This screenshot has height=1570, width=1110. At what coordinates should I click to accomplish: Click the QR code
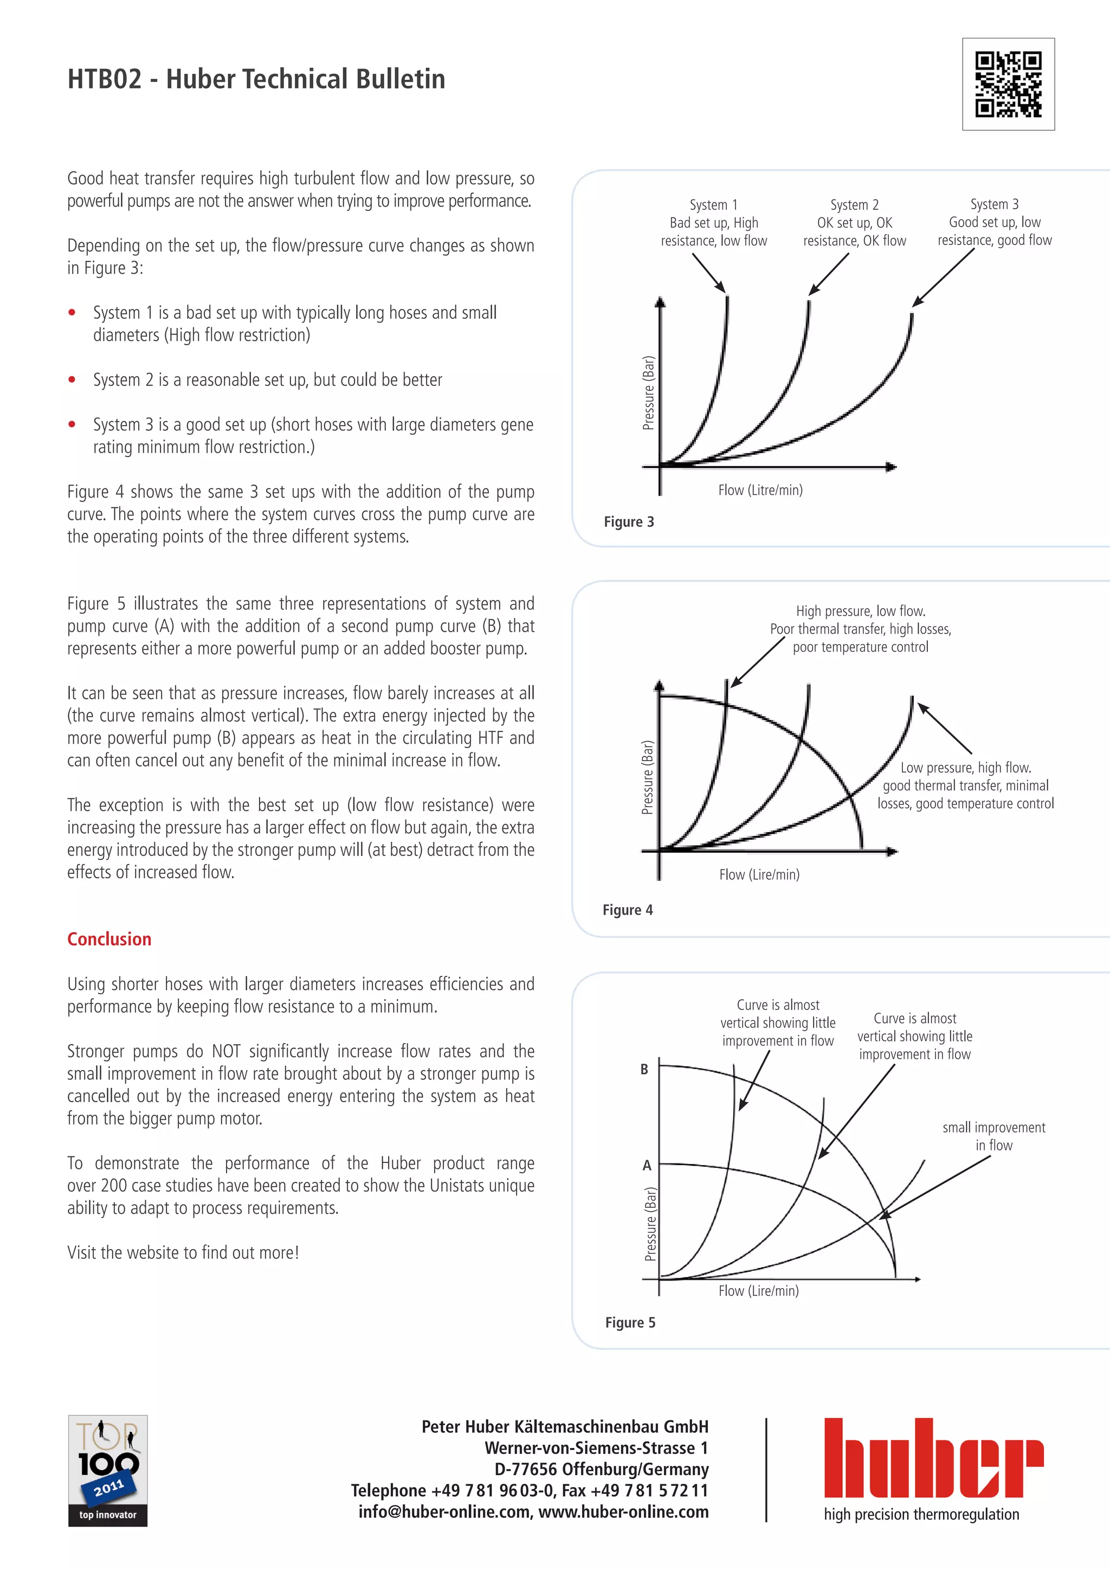1008,84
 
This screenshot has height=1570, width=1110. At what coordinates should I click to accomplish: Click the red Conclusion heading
109,939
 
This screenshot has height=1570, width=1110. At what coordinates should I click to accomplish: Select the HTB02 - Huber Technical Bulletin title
256,79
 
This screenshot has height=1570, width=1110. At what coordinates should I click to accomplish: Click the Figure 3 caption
629,522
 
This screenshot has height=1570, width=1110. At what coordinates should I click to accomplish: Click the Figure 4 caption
628,910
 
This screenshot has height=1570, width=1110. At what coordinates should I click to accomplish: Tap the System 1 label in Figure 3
714,204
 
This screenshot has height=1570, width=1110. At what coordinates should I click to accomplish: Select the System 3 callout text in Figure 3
995,222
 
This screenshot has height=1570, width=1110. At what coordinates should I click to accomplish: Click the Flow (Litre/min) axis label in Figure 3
760,490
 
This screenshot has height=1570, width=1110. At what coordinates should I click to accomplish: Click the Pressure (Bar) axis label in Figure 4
647,777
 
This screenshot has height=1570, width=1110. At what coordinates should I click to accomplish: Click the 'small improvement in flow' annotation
994,1136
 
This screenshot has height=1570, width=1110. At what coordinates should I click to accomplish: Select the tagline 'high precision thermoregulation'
921,1515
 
